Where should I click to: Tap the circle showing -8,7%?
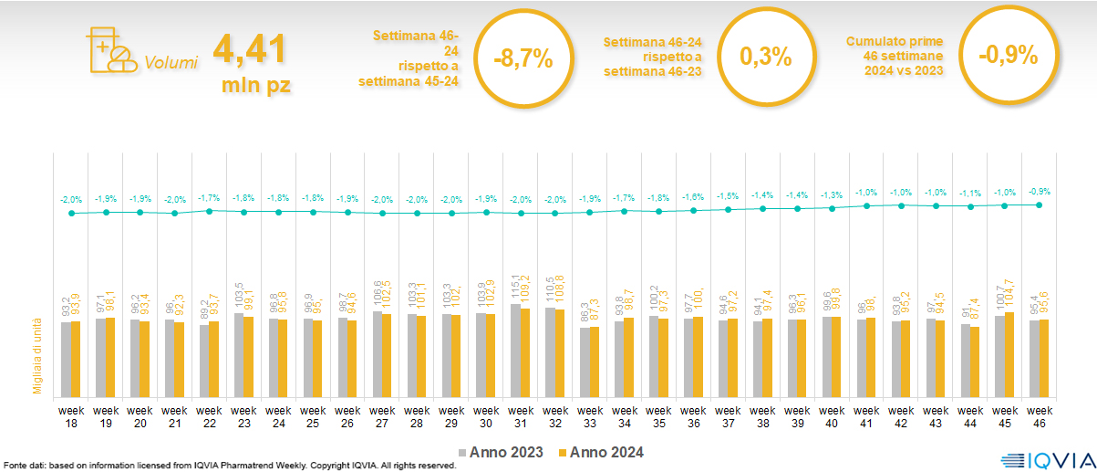click(523, 57)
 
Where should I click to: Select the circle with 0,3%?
click(765, 57)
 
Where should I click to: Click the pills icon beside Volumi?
click(108, 51)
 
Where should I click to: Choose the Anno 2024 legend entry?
click(601, 452)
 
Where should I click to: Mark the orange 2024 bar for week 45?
click(1010, 354)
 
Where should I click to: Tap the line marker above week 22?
click(209, 211)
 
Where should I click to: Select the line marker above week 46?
click(1040, 205)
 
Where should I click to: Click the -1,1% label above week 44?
click(969, 194)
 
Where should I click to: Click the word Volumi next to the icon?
click(171, 63)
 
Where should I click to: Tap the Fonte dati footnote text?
click(228, 466)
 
